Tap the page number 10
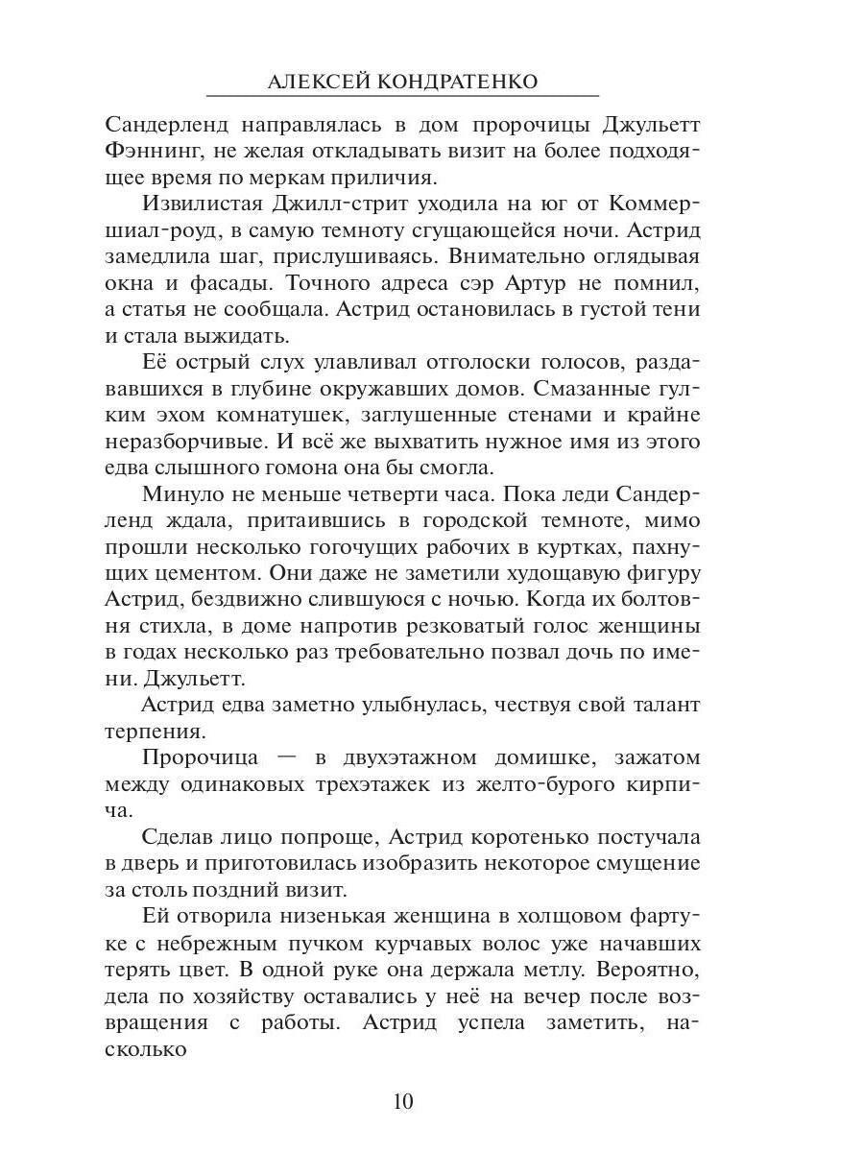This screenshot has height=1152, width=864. tap(402, 1100)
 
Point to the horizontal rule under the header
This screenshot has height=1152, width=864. tap(402, 96)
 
